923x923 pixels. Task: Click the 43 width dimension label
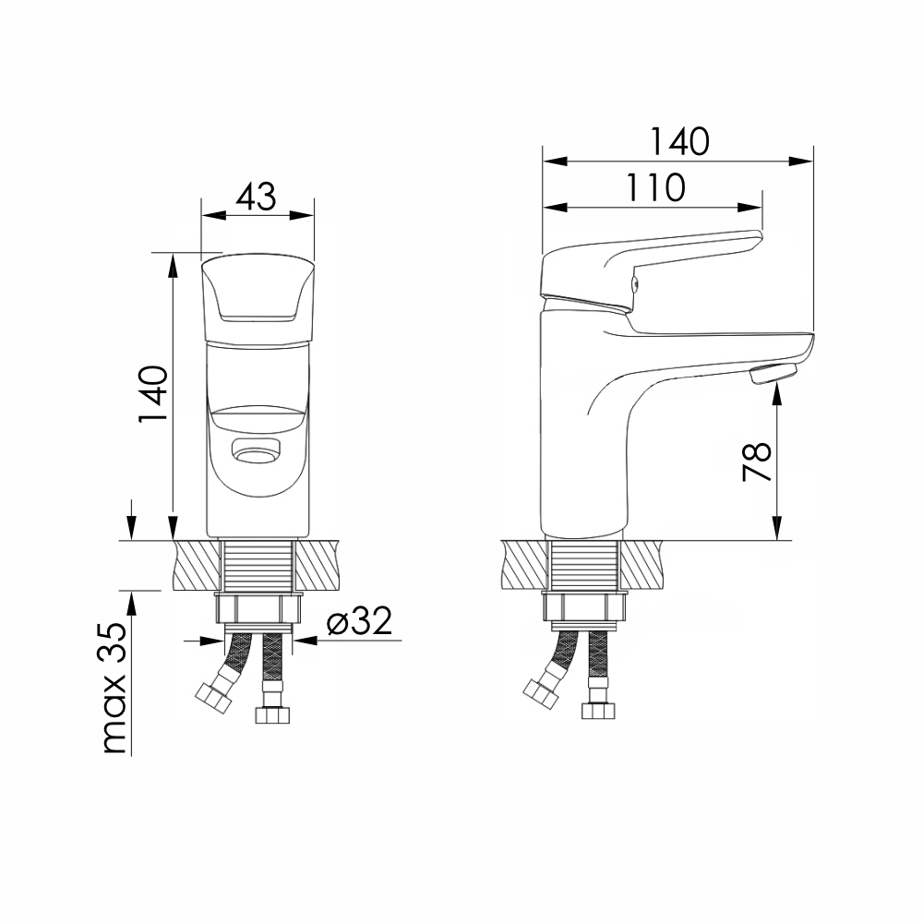click(257, 198)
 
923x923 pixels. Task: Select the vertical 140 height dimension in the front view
click(153, 394)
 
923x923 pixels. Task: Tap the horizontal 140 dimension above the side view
click(680, 142)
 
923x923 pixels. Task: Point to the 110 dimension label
click(655, 187)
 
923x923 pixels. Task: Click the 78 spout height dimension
click(757, 461)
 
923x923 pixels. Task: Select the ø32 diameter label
click(359, 621)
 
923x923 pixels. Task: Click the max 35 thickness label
click(114, 688)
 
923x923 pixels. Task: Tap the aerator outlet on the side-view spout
click(773, 374)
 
